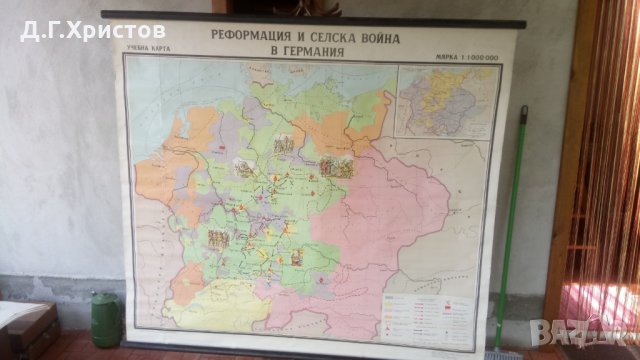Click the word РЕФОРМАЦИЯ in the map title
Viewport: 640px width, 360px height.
tap(252, 34)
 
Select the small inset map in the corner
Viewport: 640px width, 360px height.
tap(447, 100)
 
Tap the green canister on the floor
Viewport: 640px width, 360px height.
tap(106, 321)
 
